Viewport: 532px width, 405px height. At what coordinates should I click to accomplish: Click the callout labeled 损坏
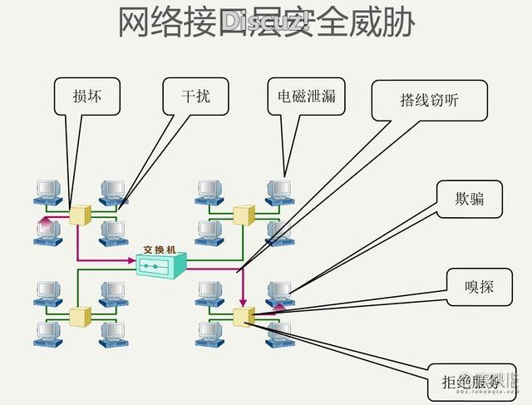(x=86, y=96)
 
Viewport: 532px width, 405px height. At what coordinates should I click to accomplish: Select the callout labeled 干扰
(x=196, y=96)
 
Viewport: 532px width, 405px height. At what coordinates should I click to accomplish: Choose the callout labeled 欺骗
(x=470, y=199)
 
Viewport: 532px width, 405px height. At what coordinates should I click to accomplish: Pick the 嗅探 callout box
(x=480, y=287)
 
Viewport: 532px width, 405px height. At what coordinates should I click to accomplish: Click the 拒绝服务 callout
(x=471, y=383)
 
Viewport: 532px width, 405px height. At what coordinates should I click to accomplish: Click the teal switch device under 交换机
(x=161, y=265)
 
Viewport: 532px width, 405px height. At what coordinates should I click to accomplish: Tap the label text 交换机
(x=160, y=248)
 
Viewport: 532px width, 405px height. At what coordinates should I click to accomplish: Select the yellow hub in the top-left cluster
(x=80, y=215)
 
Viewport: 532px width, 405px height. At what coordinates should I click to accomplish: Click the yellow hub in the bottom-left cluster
(x=80, y=316)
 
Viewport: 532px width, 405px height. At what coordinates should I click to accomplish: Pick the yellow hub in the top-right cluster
(x=242, y=215)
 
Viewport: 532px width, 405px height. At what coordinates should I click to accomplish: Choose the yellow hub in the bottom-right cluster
(x=244, y=315)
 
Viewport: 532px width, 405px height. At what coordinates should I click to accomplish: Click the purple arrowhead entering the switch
(x=131, y=261)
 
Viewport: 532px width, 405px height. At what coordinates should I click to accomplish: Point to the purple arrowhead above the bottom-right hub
(x=244, y=301)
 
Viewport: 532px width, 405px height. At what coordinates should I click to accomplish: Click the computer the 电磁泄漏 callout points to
(x=278, y=192)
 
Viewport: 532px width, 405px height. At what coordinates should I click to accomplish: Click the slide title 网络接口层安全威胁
(x=266, y=24)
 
